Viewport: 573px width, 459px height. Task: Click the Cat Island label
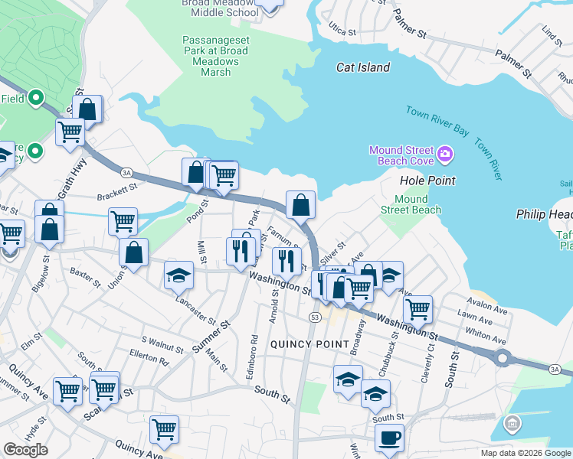(363, 67)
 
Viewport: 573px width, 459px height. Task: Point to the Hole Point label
(427, 181)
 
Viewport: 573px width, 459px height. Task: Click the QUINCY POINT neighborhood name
(310, 344)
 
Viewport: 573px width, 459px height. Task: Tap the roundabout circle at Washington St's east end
(503, 357)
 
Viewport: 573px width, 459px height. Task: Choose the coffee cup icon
(389, 438)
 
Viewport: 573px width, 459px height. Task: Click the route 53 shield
(315, 317)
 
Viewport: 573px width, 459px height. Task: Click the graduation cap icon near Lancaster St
(178, 275)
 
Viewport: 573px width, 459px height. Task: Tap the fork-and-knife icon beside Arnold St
(287, 260)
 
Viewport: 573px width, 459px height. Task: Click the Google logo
(25, 450)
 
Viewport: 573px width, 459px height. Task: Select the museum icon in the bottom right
(512, 423)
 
